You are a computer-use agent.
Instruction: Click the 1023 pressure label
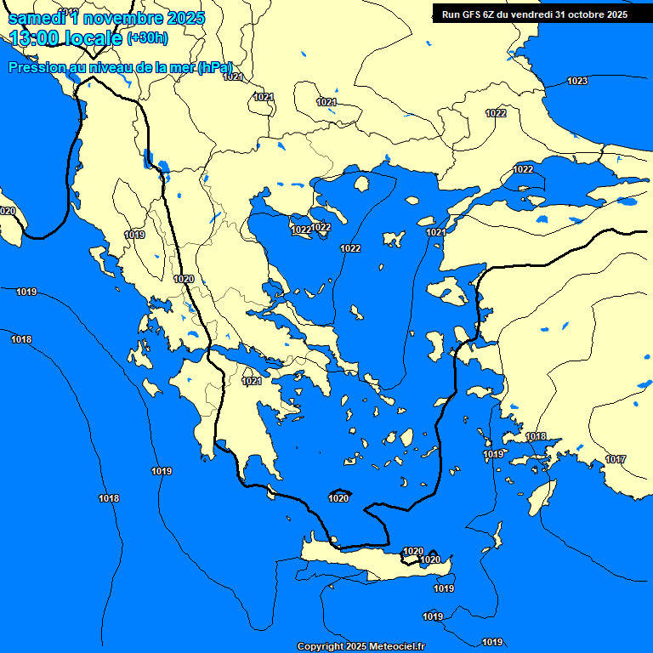click(x=576, y=82)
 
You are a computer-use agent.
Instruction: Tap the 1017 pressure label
click(x=616, y=460)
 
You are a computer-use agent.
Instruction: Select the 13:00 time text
click(x=37, y=37)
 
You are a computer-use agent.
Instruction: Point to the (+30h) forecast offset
click(x=147, y=38)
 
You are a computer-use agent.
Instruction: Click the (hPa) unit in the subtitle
click(x=215, y=68)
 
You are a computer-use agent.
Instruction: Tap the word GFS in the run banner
click(x=468, y=14)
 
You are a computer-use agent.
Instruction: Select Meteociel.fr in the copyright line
click(x=396, y=647)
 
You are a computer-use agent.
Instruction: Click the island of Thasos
click(x=361, y=184)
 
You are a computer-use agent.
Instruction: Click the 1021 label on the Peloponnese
click(x=252, y=382)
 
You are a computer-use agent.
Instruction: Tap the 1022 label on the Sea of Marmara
click(x=523, y=169)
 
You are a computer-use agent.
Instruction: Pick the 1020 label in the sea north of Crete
click(x=338, y=498)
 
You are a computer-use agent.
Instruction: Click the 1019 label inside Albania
click(x=134, y=235)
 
